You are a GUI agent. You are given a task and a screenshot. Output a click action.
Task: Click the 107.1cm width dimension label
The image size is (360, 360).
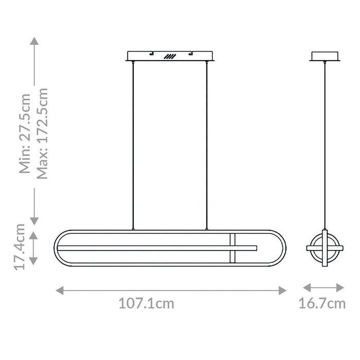(x=147, y=303)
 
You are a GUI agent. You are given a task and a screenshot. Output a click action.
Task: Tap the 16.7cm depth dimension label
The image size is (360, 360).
(x=322, y=303)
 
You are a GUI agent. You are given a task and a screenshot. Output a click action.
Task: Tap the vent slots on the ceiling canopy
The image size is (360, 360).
(x=170, y=57)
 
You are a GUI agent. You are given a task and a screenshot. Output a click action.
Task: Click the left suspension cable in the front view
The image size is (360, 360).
(x=133, y=144)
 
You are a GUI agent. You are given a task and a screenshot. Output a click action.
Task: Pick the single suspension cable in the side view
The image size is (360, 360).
(x=325, y=144)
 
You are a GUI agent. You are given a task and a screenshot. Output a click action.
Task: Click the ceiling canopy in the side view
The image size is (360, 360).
(x=325, y=56)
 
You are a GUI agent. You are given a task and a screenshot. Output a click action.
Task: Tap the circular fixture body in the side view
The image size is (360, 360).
(x=325, y=248)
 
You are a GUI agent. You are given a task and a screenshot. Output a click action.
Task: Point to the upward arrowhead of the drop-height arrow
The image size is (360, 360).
(x=34, y=41)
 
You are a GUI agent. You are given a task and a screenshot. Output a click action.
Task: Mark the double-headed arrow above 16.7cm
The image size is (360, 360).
(x=323, y=287)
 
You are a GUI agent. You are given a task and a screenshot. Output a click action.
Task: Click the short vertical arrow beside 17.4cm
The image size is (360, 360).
(x=33, y=248)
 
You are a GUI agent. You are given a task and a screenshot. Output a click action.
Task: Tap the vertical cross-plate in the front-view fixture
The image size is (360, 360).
(x=232, y=248)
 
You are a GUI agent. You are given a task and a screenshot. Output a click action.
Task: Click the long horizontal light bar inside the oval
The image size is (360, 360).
(x=154, y=248)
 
